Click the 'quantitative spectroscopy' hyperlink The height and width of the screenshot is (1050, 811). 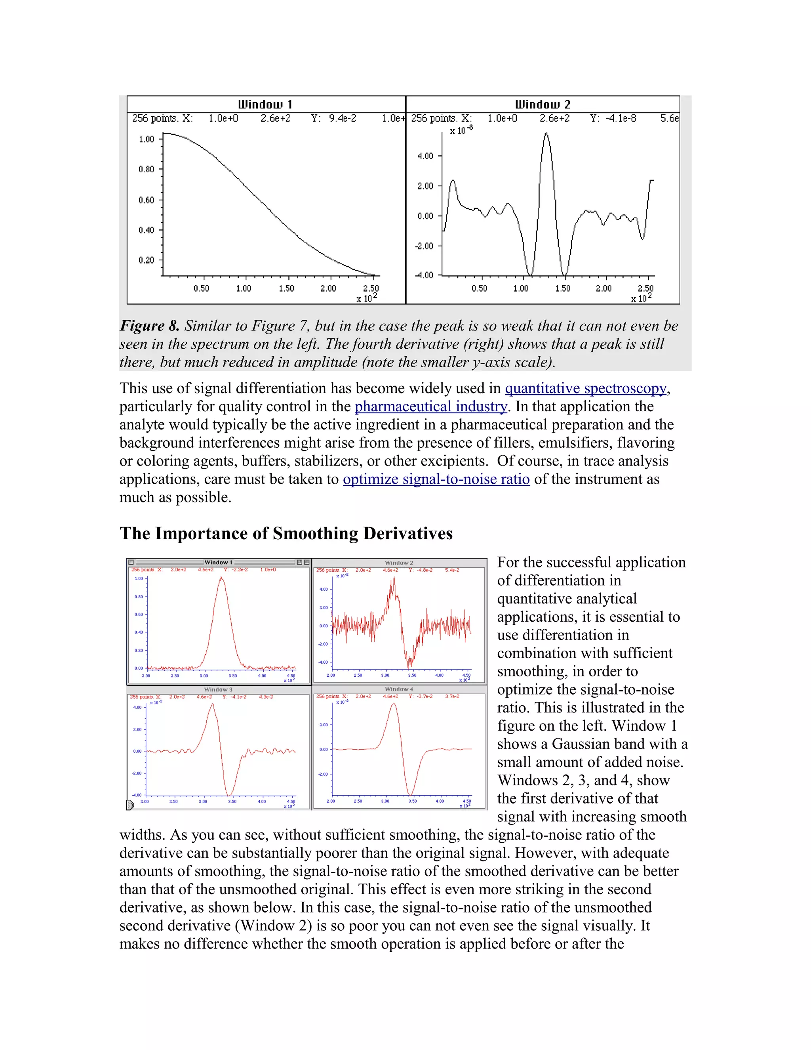585,388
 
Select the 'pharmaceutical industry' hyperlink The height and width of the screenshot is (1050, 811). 430,407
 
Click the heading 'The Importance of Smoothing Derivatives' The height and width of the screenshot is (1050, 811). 286,534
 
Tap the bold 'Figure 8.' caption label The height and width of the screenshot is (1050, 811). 149,326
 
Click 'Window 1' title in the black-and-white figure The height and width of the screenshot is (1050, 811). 265,104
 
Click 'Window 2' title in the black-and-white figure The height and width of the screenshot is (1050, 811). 543,104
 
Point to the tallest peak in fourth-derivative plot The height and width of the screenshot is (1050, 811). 546,134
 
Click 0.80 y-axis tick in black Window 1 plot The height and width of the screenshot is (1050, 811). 146,169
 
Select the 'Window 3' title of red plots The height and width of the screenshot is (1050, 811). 218,689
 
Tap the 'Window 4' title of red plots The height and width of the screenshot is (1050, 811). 399,689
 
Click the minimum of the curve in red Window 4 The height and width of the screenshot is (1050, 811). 411,794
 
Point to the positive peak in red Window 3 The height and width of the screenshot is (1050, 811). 212,705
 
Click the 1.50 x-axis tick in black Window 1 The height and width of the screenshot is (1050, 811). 286,288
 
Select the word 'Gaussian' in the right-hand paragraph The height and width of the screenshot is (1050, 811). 582,744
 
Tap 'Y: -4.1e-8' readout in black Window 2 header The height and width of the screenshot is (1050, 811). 613,118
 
